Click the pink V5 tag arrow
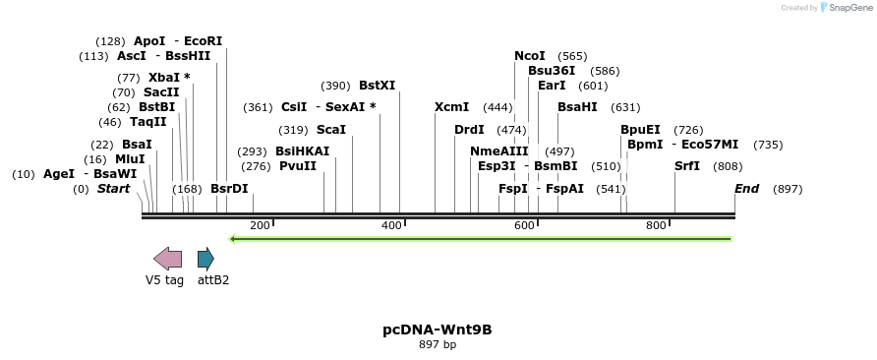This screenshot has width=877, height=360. point(167,259)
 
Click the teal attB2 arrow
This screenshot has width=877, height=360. point(205,259)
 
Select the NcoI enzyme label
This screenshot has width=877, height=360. point(530,56)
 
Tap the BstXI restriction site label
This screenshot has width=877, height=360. point(377,86)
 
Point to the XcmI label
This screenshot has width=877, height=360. point(451,107)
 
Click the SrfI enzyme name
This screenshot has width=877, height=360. point(686,166)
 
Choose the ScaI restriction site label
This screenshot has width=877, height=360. point(330,130)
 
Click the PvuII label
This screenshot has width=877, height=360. point(298,166)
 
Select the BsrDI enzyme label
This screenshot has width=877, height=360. point(229,189)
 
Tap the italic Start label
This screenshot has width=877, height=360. point(113,189)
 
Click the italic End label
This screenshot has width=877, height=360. point(746,189)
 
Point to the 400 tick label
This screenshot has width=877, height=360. point(392,226)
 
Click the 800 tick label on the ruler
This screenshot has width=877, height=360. point(656,226)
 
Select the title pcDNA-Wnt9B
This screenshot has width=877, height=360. point(438,330)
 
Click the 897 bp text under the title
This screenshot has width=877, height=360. point(438,345)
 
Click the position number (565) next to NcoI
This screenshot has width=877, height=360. point(572,56)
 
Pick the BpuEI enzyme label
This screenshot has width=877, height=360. point(640,130)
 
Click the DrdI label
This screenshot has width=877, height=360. point(469,130)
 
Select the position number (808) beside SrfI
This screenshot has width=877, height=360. point(728,166)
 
